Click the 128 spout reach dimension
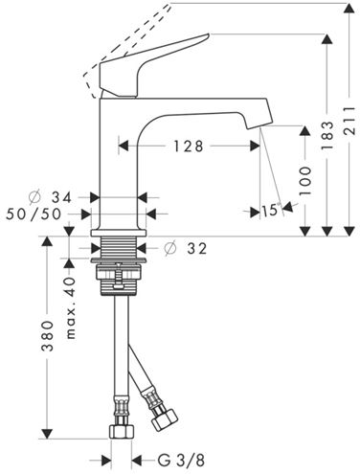tap(189, 147)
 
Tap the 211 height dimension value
tap(349, 121)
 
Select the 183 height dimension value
tap(326, 135)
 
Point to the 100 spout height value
tap(305, 181)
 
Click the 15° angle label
tap(271, 210)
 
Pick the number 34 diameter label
tap(62, 198)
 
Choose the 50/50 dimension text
tap(34, 214)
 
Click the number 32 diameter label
tap(197, 248)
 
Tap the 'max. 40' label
tap(71, 307)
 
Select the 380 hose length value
tap(47, 336)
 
